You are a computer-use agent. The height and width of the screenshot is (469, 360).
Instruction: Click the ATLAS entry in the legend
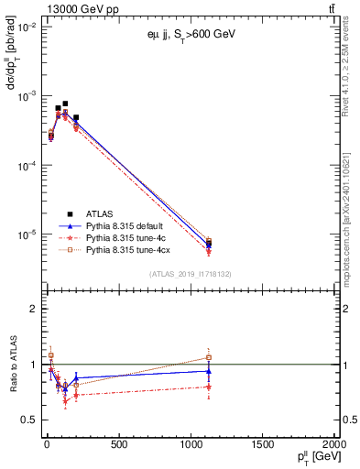(101, 213)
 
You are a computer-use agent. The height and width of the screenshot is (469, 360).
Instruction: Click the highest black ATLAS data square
(65, 104)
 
